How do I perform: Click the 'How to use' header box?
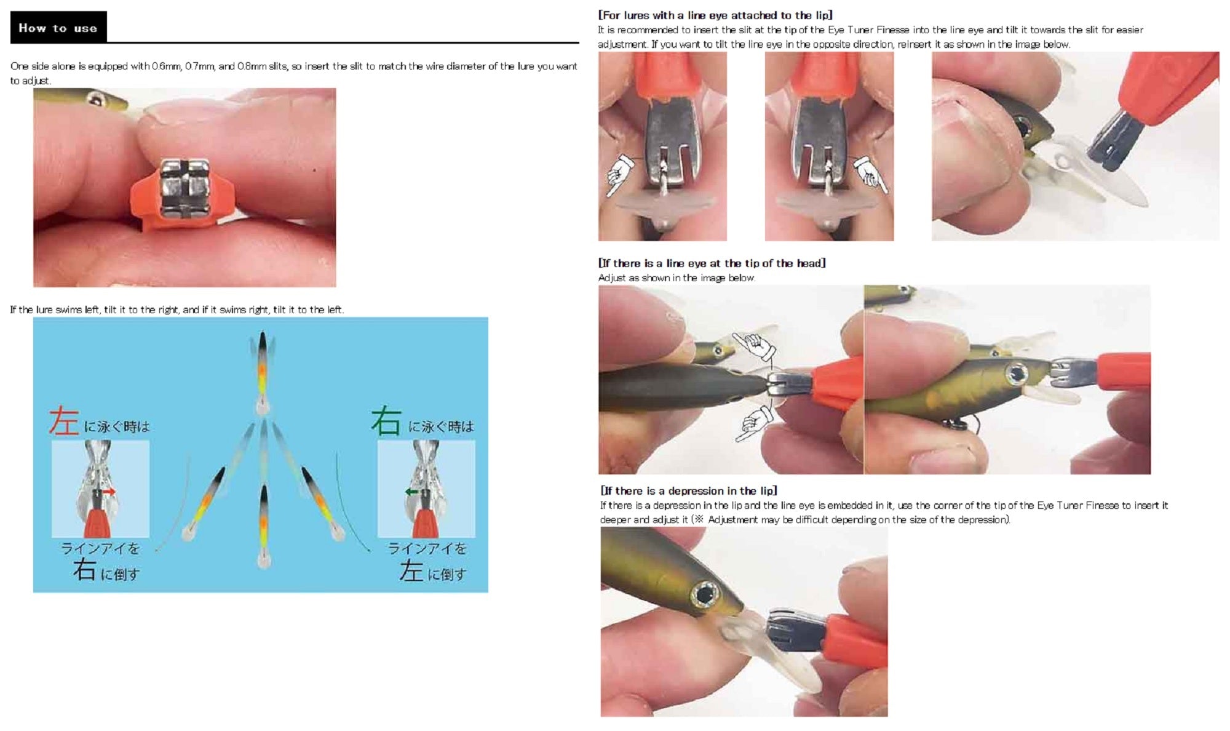click(58, 28)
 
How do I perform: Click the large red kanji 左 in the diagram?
click(64, 421)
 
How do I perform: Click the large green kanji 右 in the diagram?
click(386, 421)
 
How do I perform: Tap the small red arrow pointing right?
click(109, 492)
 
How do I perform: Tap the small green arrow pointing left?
click(411, 492)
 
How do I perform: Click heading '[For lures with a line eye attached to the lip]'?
click(715, 15)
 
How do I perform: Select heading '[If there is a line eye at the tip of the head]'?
click(712, 263)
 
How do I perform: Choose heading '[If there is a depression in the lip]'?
click(689, 491)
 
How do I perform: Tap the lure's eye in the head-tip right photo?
click(1015, 373)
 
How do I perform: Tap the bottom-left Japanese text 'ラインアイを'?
click(100, 548)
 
